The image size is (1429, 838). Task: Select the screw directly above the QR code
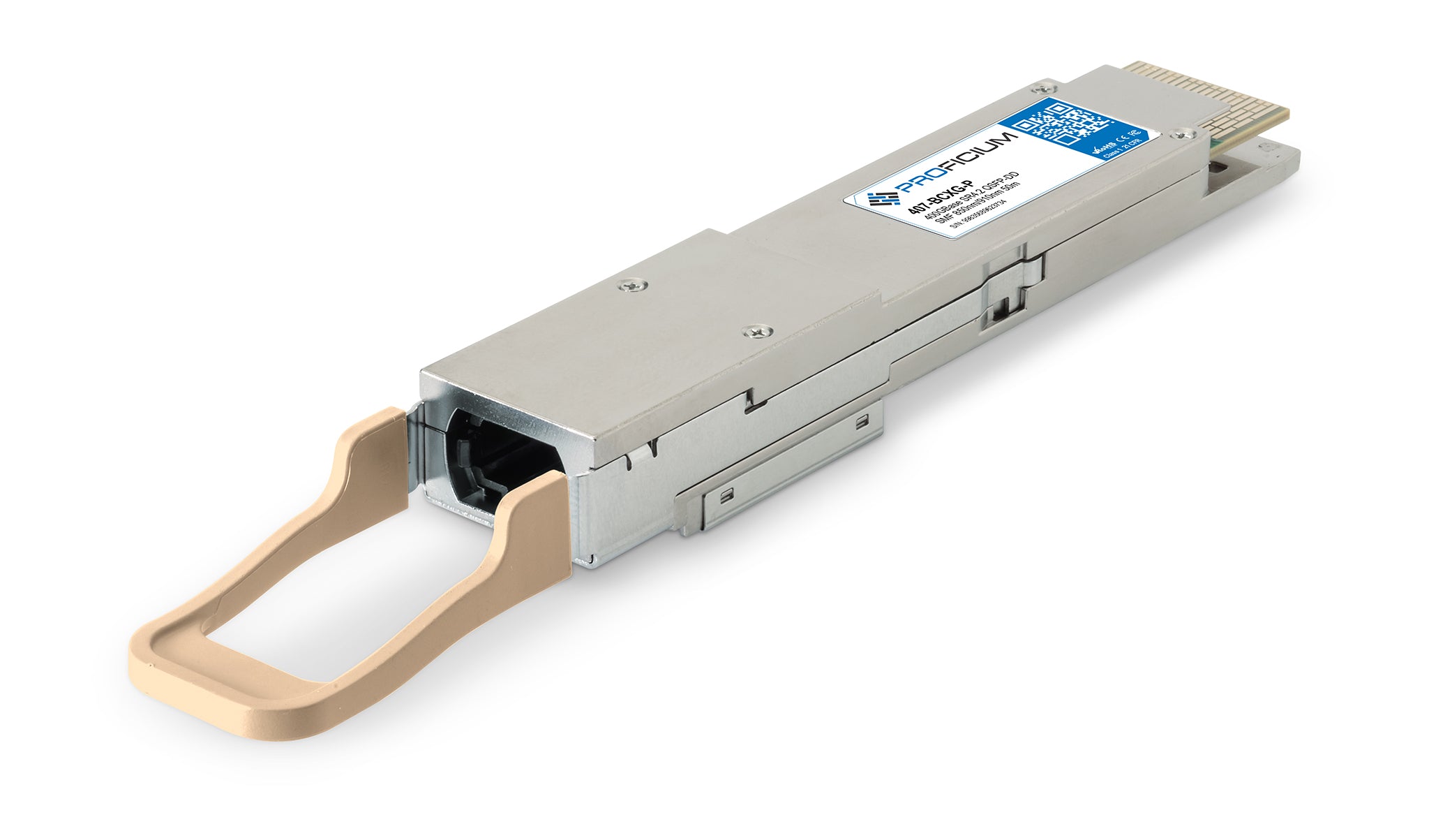1042,89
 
